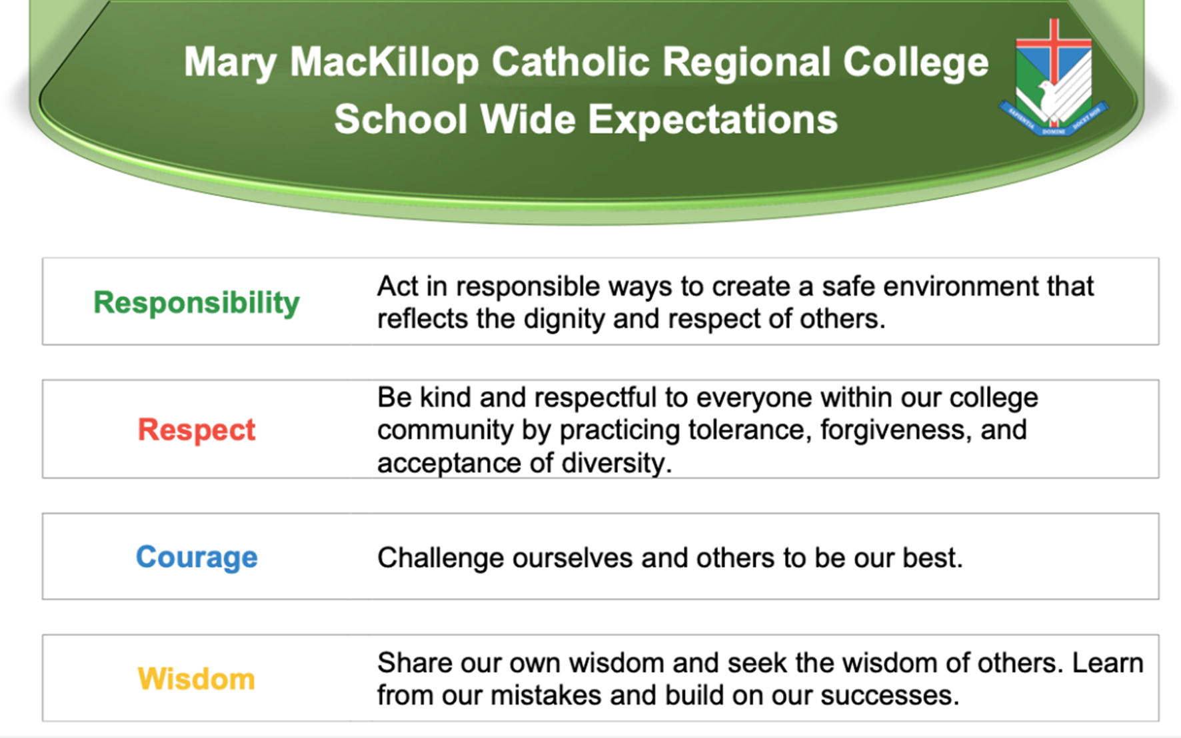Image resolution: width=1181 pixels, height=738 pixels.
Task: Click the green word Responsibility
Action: (x=196, y=303)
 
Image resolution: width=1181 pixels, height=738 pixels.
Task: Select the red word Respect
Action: (x=196, y=430)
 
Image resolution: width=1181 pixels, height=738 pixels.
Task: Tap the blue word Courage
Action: (x=196, y=557)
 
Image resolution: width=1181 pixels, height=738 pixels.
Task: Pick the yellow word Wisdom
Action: (x=196, y=679)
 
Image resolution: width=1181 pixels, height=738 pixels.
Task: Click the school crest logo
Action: (x=1053, y=80)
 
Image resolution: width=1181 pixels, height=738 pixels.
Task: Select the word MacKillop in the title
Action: (x=384, y=63)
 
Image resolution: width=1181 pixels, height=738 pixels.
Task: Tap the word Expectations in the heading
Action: (x=712, y=120)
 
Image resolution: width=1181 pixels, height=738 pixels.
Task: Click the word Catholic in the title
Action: (x=571, y=63)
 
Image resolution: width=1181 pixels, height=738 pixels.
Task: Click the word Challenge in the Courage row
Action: (x=440, y=558)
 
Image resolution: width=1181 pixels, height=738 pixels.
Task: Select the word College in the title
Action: (x=915, y=63)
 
